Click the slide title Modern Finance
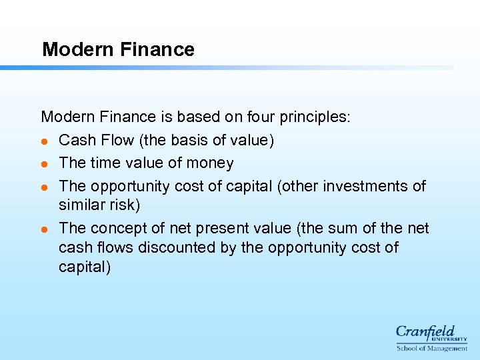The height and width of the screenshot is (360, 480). point(118,49)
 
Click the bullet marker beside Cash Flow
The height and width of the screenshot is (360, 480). point(44,141)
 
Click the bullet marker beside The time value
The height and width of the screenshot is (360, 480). point(44,164)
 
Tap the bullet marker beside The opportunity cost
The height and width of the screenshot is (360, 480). point(44,187)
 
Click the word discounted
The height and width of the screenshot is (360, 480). point(177,247)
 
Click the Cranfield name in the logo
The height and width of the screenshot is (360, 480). point(425,331)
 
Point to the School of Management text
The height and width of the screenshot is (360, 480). point(431,348)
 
